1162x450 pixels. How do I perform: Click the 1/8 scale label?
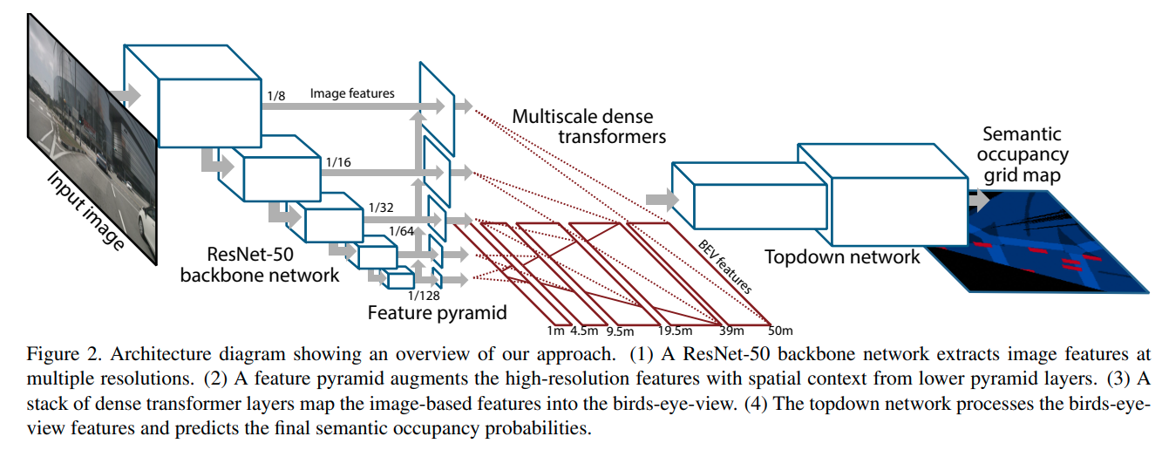(x=276, y=96)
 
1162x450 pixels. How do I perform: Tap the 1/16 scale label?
(x=338, y=162)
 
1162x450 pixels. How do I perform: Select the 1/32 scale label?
(x=381, y=208)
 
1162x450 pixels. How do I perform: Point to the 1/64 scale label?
(x=401, y=231)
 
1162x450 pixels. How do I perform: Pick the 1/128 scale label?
(x=424, y=296)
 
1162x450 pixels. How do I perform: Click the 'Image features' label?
(x=352, y=93)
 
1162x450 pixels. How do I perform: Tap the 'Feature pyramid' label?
(x=437, y=313)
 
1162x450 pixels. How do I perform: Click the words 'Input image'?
(x=85, y=211)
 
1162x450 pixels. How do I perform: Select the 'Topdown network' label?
(x=842, y=257)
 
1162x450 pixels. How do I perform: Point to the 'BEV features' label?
(x=725, y=267)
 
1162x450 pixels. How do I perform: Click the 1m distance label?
(x=555, y=331)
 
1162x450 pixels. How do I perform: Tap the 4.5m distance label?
(x=584, y=331)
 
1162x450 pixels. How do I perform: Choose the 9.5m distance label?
(x=620, y=331)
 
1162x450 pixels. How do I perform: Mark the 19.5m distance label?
(x=675, y=331)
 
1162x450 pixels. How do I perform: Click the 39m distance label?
(x=731, y=331)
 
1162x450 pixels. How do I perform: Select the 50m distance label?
(x=780, y=331)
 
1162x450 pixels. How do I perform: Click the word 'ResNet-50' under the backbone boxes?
(x=250, y=255)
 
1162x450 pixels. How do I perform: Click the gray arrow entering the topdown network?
(x=663, y=200)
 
